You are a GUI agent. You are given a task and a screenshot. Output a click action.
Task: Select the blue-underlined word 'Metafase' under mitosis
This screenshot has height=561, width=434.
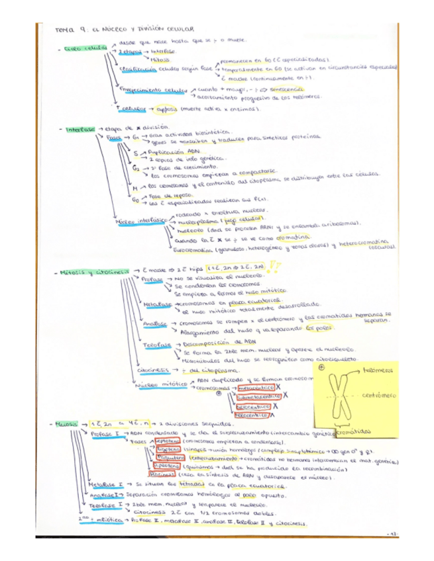pos(156,304)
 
